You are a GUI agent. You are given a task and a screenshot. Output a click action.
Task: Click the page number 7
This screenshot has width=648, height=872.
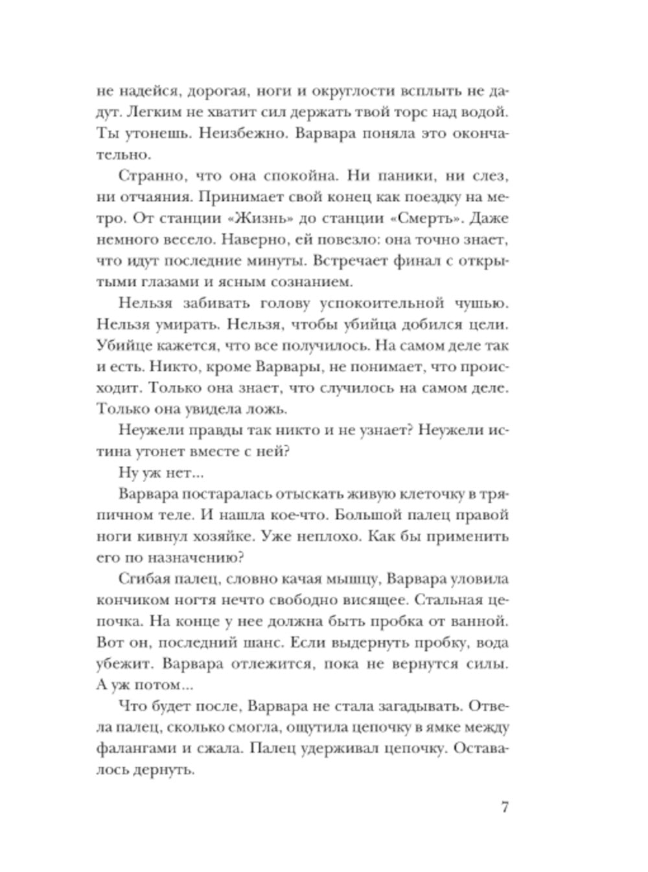505,808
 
